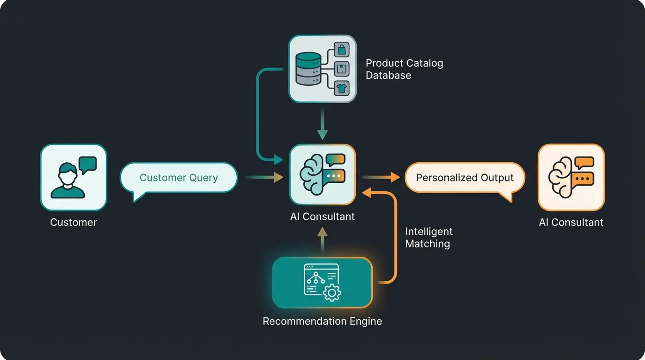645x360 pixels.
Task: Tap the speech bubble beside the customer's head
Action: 88,165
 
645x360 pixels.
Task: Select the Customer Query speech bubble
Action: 179,178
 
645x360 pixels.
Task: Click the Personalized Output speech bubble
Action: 465,178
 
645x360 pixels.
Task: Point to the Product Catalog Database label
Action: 404,69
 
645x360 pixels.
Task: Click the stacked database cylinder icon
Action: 308,68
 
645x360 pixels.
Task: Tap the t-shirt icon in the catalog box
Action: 341,87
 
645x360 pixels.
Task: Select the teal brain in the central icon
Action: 312,174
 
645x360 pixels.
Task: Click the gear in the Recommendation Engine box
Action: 332,293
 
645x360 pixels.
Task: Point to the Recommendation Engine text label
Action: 322,322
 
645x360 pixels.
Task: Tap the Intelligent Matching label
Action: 428,238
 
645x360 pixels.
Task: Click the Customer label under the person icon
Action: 73,222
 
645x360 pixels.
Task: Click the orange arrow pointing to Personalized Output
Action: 381,177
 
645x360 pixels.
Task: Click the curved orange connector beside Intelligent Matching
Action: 395,234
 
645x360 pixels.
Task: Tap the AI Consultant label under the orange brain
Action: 571,222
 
